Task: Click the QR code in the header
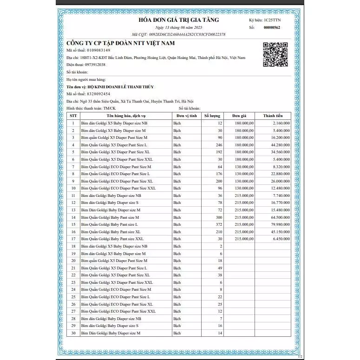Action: click(273, 54)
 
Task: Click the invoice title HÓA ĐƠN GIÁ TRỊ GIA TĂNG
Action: click(179, 20)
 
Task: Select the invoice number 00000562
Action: click(272, 27)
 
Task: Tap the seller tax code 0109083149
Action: click(95, 50)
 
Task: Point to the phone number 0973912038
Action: click(93, 65)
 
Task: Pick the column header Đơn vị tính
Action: click(187, 116)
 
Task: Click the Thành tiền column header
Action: click(273, 116)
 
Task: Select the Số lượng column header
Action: click(212, 116)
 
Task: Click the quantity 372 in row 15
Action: click(219, 224)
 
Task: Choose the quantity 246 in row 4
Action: click(219, 145)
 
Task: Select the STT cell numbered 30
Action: click(73, 333)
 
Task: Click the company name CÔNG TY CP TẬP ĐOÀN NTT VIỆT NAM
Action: click(120, 43)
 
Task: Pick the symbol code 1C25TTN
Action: click(272, 20)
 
